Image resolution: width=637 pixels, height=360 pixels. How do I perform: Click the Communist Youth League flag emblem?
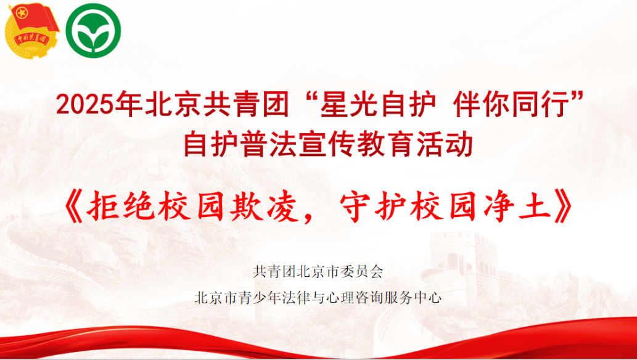(31, 31)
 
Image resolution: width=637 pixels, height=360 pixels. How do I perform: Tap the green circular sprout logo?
(93, 30)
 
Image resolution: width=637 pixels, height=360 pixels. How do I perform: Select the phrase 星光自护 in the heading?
(378, 104)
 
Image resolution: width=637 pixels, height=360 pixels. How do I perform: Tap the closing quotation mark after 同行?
(577, 97)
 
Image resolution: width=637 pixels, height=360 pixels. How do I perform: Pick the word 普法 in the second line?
(269, 145)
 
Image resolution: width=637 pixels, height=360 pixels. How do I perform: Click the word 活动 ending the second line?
(445, 145)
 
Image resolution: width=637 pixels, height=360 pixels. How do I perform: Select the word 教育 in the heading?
(386, 145)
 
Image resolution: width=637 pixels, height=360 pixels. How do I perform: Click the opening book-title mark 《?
(73, 208)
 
